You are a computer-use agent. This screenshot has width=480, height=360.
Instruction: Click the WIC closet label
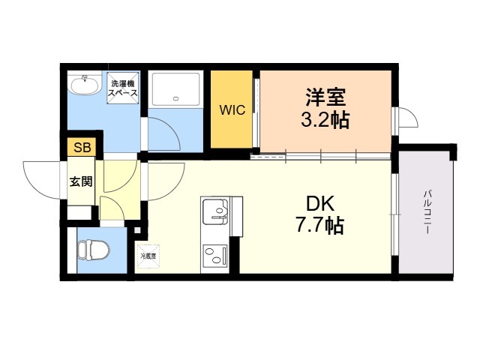(x=232, y=110)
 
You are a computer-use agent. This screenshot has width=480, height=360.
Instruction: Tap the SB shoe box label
(x=82, y=148)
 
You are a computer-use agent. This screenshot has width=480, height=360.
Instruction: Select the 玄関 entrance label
(x=81, y=181)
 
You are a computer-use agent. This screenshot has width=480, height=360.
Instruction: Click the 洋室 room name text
(x=325, y=97)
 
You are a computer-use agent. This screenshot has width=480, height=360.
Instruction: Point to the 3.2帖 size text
(x=325, y=120)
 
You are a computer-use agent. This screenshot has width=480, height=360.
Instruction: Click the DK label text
(x=320, y=203)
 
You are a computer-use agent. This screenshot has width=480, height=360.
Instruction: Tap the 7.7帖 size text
(x=319, y=225)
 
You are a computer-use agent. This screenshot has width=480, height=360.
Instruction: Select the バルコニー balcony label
(x=427, y=212)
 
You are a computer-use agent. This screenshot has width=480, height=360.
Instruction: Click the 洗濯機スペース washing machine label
(x=123, y=88)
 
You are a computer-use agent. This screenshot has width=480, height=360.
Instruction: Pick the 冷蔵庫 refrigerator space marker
(x=148, y=256)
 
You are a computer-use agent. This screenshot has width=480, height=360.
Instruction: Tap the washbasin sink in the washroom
(x=85, y=83)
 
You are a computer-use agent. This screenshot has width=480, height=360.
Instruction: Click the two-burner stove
(x=215, y=256)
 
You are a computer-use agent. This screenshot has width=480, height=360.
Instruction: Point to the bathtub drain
(x=175, y=98)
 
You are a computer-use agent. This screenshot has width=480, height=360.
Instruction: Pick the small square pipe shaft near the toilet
(x=137, y=230)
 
